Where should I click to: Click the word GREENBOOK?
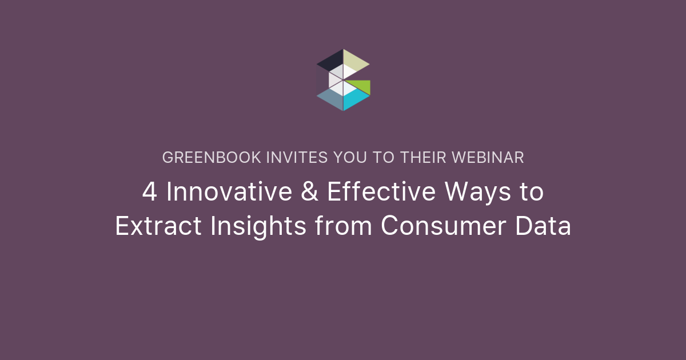click(x=212, y=158)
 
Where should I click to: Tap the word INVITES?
click(x=297, y=158)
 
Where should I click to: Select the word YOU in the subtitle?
click(x=350, y=158)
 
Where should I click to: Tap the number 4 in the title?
click(x=150, y=191)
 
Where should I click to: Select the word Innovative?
click(x=229, y=191)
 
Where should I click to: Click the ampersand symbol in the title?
click(x=309, y=191)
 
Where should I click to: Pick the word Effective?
click(x=381, y=191)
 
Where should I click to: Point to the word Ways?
click(x=477, y=194)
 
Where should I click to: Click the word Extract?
click(x=158, y=226)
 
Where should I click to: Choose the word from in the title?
click(x=344, y=225)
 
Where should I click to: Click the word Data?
click(x=543, y=226)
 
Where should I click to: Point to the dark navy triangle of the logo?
click(x=332, y=61)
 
